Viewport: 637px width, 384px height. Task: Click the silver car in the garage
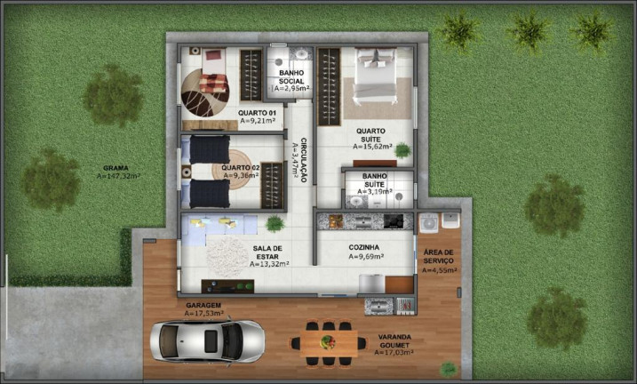pos(207,340)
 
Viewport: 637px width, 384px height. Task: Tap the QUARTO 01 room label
pos(258,113)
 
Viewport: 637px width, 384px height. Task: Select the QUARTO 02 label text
pos(241,167)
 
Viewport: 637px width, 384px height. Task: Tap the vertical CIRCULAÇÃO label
pos(304,161)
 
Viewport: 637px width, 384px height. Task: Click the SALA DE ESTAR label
pos(267,252)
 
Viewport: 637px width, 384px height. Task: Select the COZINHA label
pos(364,247)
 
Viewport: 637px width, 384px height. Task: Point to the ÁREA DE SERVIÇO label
pos(439,257)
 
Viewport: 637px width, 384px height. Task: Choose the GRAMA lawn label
pos(117,167)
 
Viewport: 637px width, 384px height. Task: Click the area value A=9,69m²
pos(365,257)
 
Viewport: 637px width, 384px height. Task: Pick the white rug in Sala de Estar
pos(227,256)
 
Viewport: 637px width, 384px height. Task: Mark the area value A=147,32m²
pos(119,176)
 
